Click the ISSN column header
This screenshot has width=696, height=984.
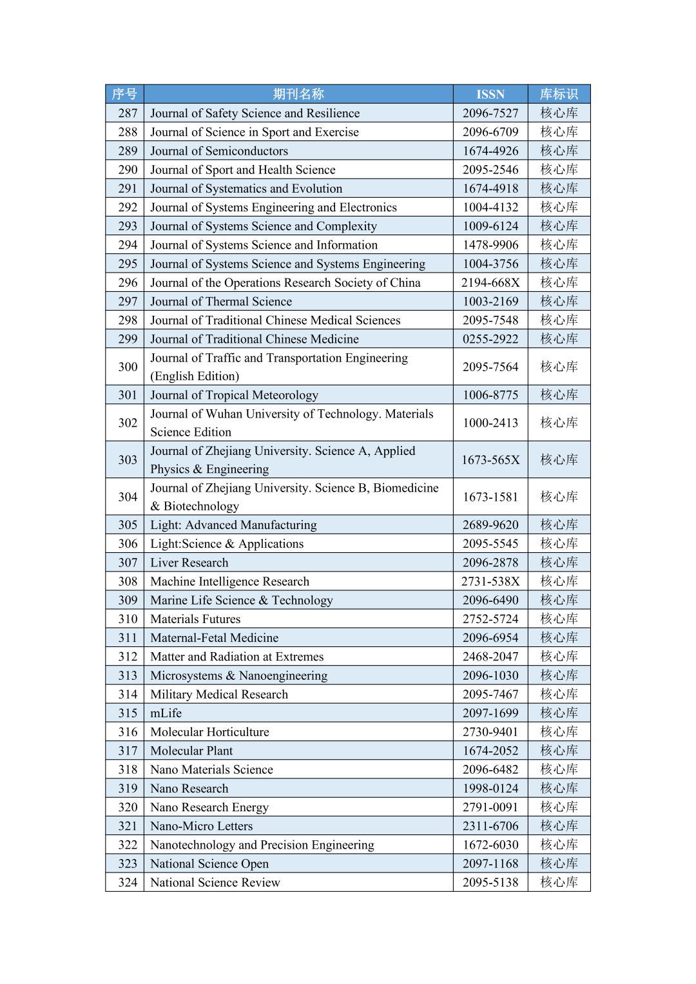(490, 94)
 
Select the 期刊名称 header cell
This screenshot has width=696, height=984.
(298, 94)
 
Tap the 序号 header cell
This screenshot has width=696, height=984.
(124, 94)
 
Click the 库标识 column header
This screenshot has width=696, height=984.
(559, 94)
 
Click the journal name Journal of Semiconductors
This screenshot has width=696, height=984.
(219, 151)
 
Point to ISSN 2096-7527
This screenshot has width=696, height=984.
(490, 113)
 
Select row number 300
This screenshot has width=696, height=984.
(128, 367)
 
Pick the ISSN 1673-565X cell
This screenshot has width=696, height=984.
(490, 460)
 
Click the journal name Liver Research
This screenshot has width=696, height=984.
(189, 563)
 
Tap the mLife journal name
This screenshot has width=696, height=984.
(166, 713)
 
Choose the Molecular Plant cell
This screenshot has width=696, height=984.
(191, 751)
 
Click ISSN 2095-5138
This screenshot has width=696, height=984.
(490, 883)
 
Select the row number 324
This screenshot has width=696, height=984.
(128, 883)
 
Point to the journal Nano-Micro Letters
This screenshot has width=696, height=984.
(202, 826)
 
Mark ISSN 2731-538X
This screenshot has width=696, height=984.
(490, 581)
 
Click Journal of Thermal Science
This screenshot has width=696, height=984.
(221, 302)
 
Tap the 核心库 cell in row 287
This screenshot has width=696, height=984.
(559, 113)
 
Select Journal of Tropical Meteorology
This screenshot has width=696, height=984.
(234, 395)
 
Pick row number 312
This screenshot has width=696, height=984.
(128, 657)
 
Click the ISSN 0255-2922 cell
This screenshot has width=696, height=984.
(490, 339)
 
